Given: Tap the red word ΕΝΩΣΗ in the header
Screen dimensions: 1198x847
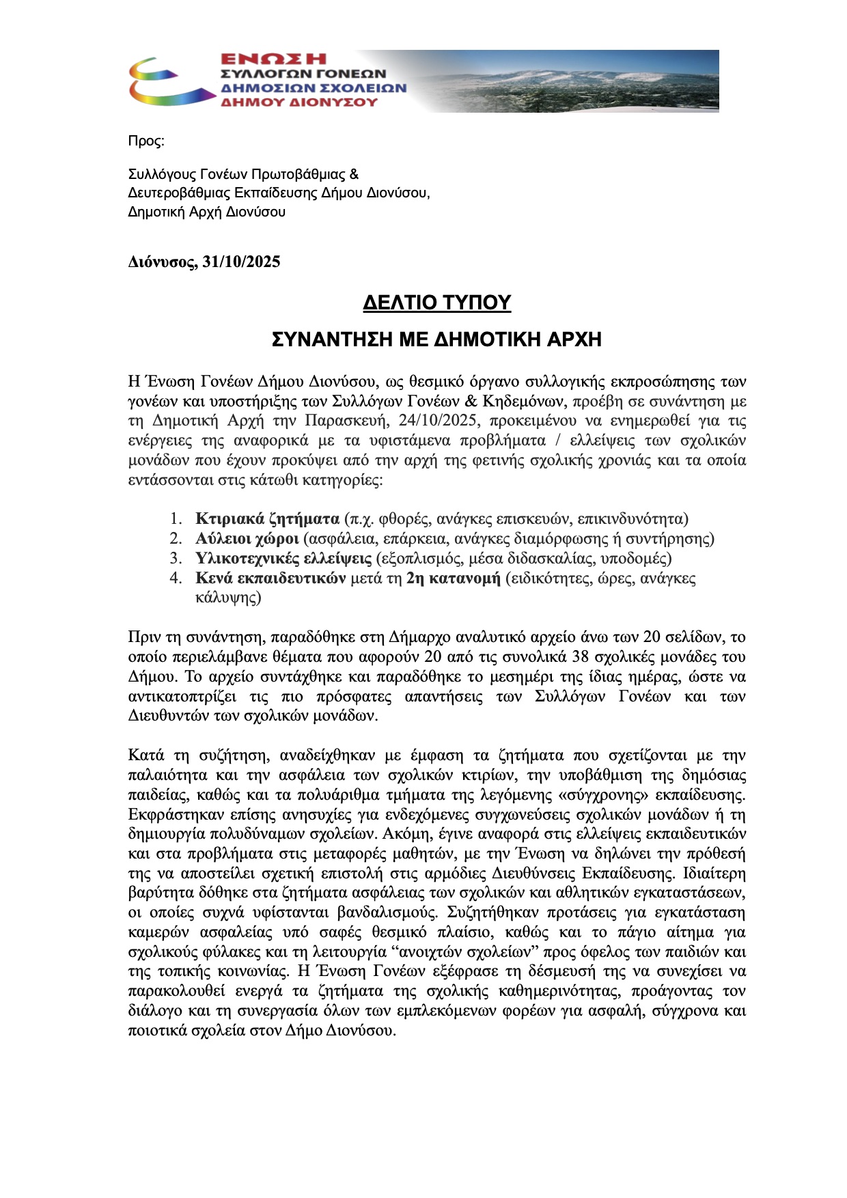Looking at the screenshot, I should (273, 59).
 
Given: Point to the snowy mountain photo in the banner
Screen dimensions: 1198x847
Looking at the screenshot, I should (581, 81).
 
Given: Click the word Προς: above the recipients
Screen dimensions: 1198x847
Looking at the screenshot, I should (146, 141).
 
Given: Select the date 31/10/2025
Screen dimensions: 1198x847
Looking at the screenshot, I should (241, 262).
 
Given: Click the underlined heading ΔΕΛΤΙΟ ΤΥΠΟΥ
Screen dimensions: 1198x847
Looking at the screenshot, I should (436, 303).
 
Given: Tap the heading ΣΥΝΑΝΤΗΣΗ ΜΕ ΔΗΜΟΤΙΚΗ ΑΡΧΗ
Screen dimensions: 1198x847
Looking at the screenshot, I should (436, 339).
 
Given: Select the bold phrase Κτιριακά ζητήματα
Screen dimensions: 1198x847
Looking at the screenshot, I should (267, 518).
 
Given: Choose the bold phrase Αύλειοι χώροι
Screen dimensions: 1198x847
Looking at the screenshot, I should (247, 538).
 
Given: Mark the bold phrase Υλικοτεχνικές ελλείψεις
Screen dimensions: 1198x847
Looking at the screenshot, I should (283, 558).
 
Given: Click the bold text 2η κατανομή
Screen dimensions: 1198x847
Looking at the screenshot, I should (453, 578).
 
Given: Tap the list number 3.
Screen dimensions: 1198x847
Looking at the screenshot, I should (176, 558).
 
